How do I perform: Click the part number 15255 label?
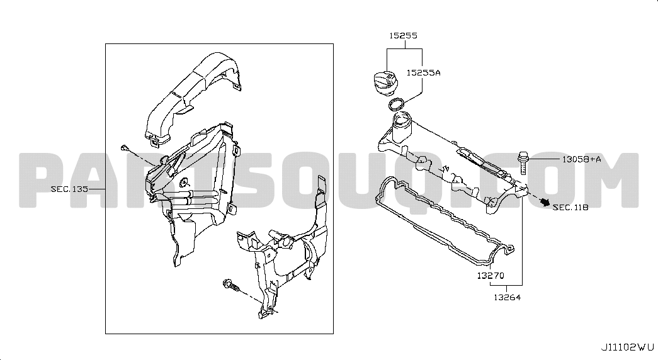click(x=403, y=36)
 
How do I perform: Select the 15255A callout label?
click(x=423, y=72)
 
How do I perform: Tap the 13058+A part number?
click(x=582, y=159)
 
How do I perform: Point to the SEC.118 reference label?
click(x=570, y=207)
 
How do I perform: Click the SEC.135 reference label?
click(x=70, y=189)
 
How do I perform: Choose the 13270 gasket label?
click(x=491, y=276)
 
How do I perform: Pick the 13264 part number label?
click(x=507, y=298)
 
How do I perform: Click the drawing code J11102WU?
click(x=628, y=347)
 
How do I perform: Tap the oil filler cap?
click(x=385, y=82)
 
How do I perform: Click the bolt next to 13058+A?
click(x=523, y=162)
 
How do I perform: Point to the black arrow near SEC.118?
click(x=544, y=202)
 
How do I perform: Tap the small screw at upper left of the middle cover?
click(x=125, y=147)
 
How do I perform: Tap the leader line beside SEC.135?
click(x=97, y=189)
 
